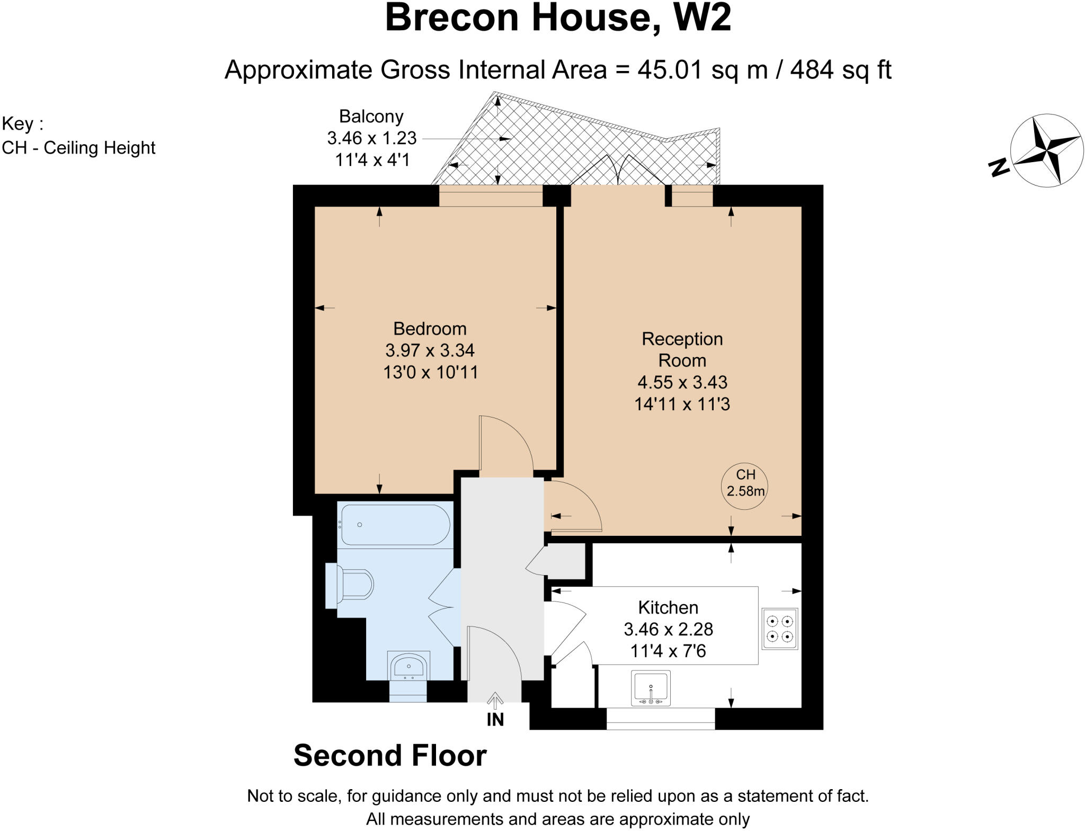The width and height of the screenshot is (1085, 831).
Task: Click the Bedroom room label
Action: coord(430,329)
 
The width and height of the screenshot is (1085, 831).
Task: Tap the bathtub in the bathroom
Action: coord(395,525)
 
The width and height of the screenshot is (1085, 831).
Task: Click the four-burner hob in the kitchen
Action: coord(780,629)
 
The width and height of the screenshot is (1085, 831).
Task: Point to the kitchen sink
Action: coord(651,688)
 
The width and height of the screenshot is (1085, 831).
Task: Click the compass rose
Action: coord(1046,151)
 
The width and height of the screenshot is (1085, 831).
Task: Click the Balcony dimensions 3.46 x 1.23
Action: coord(372,138)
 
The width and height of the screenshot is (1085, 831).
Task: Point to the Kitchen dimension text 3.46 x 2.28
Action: coord(668,629)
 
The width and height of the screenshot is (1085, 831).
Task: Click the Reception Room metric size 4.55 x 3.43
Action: coord(682,382)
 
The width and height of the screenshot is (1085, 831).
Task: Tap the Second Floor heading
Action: coord(390,755)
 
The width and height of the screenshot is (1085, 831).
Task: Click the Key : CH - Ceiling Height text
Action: coord(78,136)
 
